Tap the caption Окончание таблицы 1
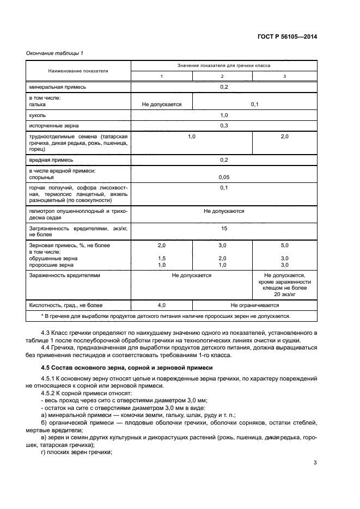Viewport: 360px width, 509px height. click(54, 53)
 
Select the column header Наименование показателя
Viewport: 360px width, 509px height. click(78, 71)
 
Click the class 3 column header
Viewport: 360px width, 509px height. click(285, 76)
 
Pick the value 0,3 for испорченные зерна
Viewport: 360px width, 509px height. click(223, 126)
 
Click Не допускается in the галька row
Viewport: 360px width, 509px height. click(161, 104)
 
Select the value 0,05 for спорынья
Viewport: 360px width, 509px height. click(223, 177)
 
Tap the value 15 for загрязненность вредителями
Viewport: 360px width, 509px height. click(223, 229)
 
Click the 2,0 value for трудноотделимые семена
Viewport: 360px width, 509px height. click(284, 137)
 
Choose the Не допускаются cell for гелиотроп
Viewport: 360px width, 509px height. click(223, 211)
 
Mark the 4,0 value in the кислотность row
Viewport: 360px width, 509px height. click(161, 306)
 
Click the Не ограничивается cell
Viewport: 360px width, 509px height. click(254, 306)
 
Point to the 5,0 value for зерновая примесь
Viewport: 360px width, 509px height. click(284, 246)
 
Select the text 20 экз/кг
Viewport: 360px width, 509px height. click(285, 294)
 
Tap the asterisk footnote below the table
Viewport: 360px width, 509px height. click(166, 316)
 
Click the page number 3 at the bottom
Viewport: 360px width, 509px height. click(315, 463)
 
